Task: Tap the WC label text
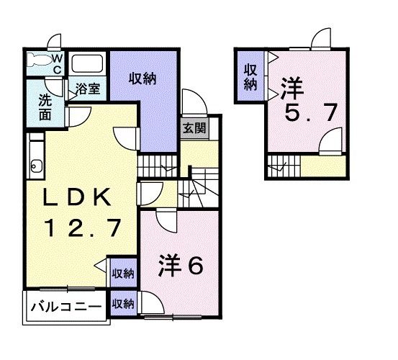[58, 62]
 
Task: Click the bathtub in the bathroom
[89, 65]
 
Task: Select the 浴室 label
[90, 90]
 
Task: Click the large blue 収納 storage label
[143, 80]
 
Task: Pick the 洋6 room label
[181, 265]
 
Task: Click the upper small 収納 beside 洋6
[123, 274]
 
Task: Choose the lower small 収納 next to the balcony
[123, 304]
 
